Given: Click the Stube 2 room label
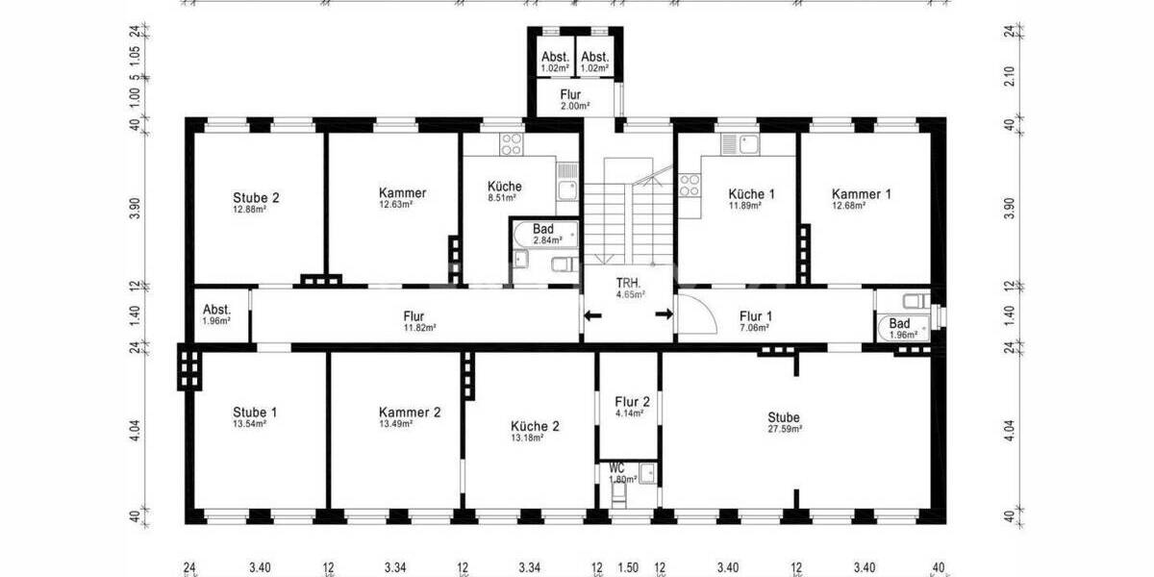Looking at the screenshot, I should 256,198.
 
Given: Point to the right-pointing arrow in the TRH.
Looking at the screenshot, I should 664,314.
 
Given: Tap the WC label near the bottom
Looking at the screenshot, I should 616,468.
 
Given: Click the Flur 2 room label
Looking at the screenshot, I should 632,402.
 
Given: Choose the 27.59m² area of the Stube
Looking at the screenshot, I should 784,429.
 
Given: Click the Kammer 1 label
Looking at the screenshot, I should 861,193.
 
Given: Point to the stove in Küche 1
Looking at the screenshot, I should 690,183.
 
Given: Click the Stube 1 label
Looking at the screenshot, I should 256,412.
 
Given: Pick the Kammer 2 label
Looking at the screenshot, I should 410,412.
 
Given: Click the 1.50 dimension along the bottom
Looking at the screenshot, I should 628,567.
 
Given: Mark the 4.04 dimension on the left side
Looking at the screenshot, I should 136,429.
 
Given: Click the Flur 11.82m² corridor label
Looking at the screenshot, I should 414,315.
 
